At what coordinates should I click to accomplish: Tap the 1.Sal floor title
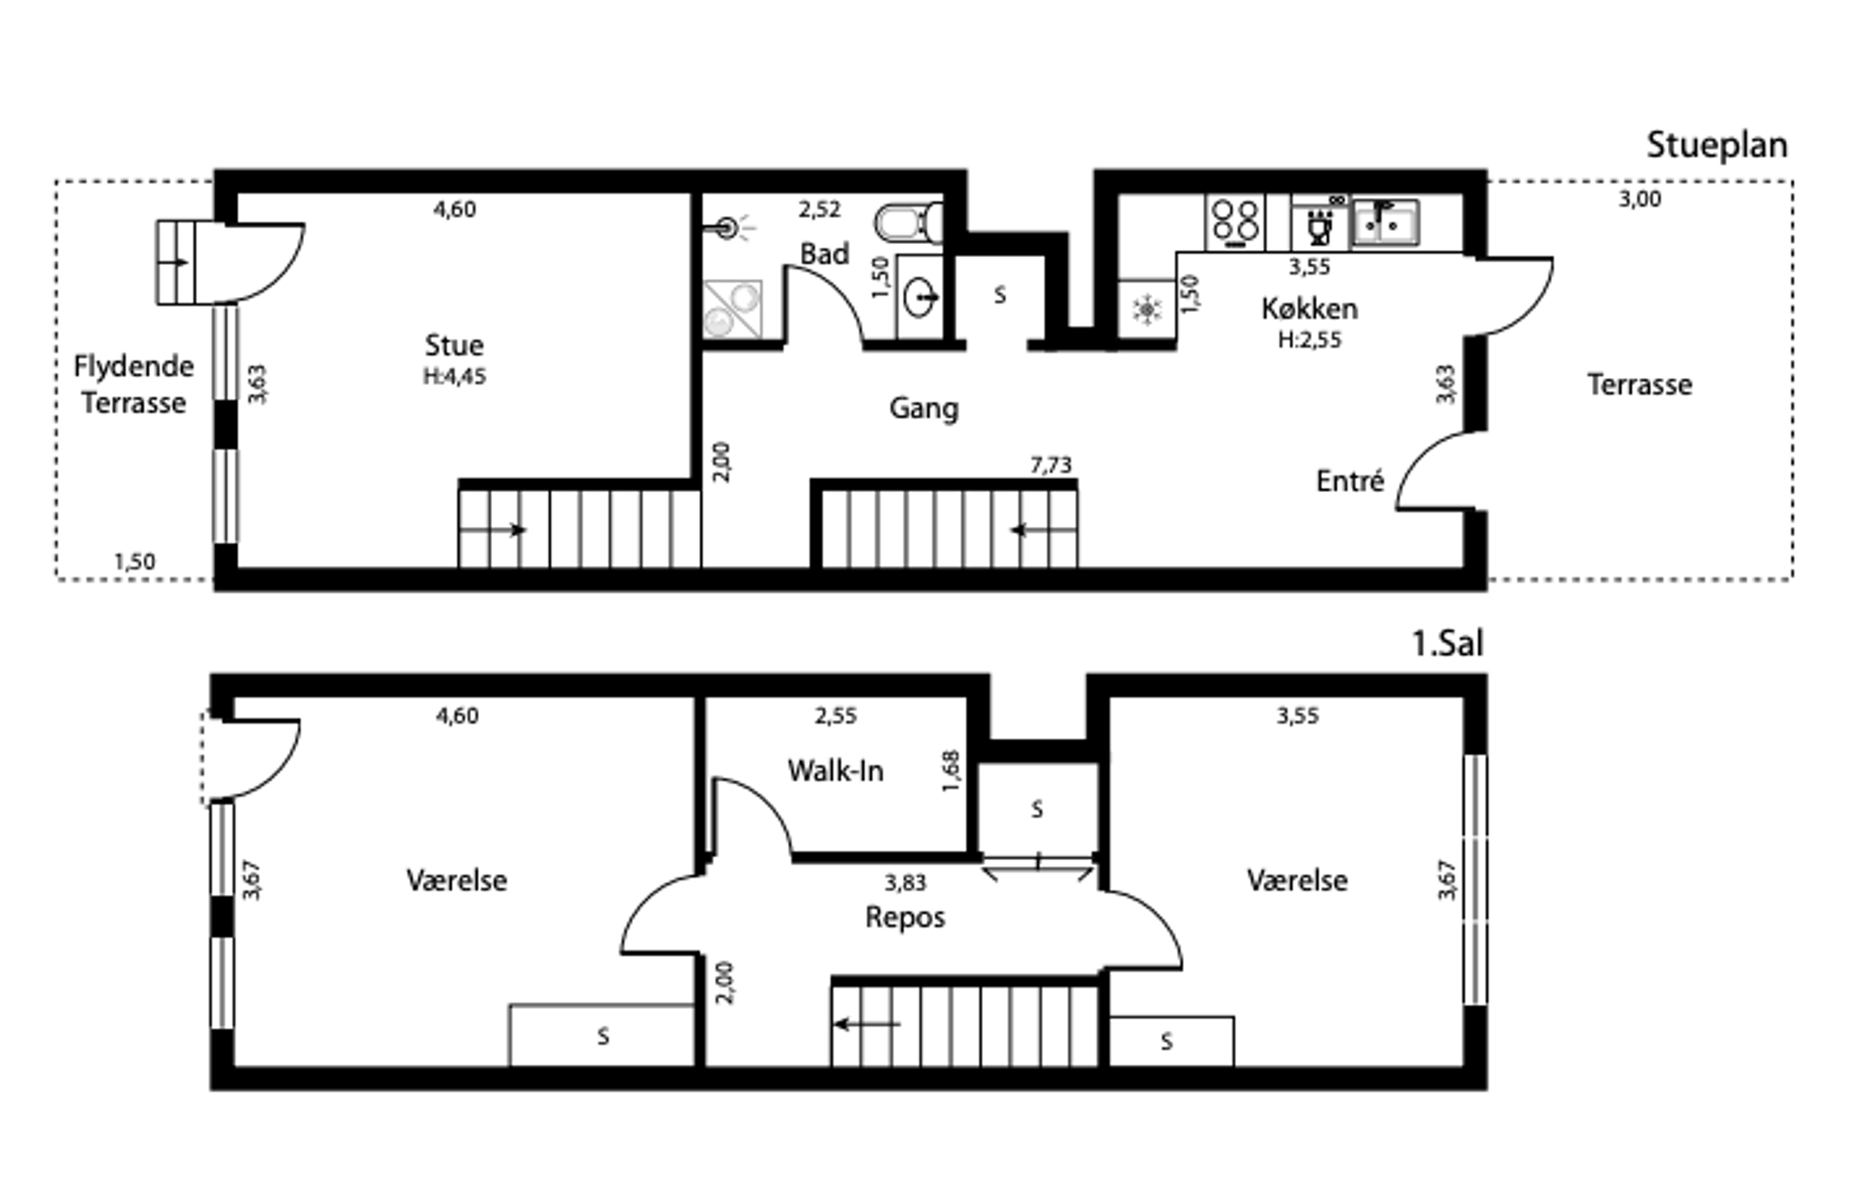click(1447, 644)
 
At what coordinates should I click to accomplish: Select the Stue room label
click(454, 345)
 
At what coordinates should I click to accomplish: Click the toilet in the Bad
click(909, 222)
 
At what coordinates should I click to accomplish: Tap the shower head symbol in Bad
click(728, 229)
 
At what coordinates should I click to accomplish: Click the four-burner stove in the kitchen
click(1235, 223)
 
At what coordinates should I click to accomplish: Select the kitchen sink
click(1386, 223)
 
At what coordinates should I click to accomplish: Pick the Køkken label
click(1309, 309)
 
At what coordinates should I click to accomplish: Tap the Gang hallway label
click(924, 409)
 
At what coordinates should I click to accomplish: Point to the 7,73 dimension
click(1051, 465)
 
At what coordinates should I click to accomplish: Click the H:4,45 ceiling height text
click(454, 377)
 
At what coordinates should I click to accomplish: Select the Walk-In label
click(835, 770)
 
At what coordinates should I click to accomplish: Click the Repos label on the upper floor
click(906, 917)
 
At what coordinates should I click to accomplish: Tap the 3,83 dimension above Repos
click(906, 883)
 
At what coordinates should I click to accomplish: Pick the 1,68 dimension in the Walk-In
click(951, 771)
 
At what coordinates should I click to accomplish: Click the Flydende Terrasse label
click(134, 384)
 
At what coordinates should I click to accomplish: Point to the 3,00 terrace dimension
click(1640, 199)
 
